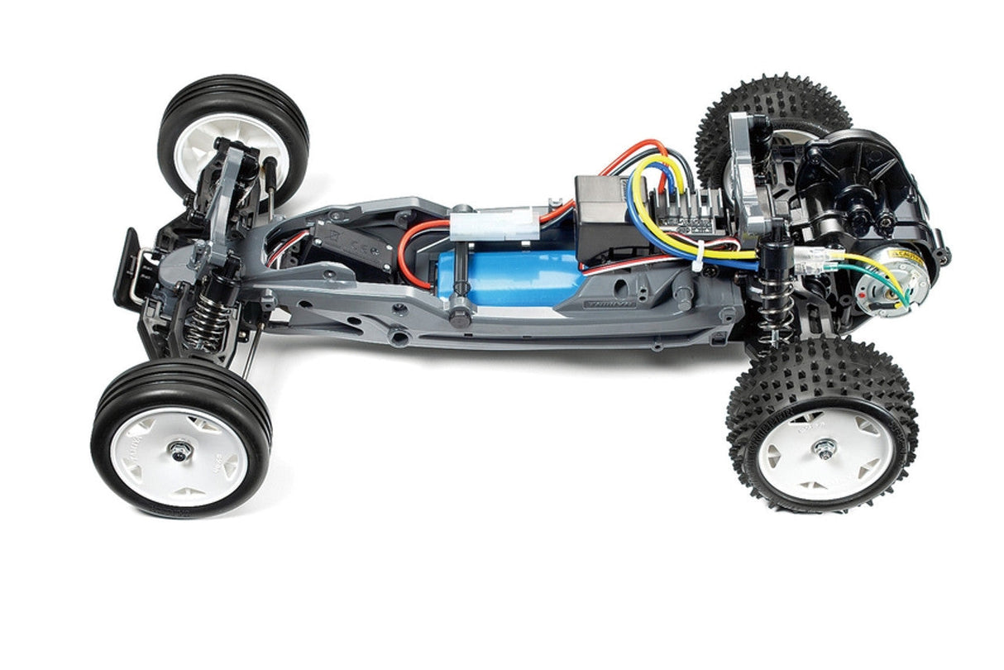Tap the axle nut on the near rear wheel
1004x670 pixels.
(x=823, y=447)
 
